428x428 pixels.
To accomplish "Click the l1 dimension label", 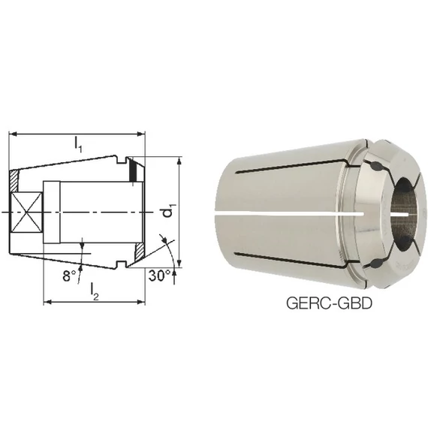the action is [x=78, y=145].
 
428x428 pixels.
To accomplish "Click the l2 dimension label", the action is [x=95, y=291].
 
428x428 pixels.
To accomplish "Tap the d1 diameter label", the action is [x=167, y=210].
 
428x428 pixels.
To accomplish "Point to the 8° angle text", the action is [x=70, y=276].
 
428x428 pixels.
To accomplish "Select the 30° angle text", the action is [x=159, y=276].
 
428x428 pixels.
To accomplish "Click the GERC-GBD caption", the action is [x=329, y=303].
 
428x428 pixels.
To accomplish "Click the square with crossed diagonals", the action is [x=27, y=212].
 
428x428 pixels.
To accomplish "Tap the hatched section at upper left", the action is [x=14, y=181].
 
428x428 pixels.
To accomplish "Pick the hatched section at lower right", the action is [x=140, y=252].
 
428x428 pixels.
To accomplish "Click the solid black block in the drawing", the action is [x=133, y=170].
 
